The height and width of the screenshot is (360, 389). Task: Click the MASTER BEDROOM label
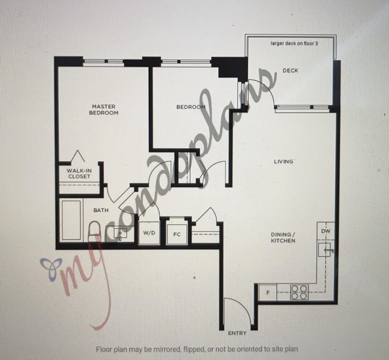click(x=104, y=109)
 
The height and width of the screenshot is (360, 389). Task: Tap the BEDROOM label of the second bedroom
click(x=191, y=107)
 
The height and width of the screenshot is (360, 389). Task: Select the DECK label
click(x=290, y=71)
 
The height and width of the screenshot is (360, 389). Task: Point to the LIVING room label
click(x=283, y=162)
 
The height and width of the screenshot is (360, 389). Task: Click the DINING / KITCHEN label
click(x=283, y=238)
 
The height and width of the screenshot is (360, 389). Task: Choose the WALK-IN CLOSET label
click(x=79, y=174)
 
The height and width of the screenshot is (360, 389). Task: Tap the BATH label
click(x=101, y=210)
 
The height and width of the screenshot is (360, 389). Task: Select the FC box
click(x=177, y=234)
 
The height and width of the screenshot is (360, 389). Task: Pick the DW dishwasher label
click(x=326, y=231)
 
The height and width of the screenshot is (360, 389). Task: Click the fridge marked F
click(x=268, y=292)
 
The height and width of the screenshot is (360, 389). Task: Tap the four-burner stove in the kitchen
click(x=299, y=292)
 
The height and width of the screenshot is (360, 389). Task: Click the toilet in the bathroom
click(x=95, y=231)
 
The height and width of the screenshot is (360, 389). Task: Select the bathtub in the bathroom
click(x=72, y=220)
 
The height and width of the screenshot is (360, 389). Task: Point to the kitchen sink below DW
click(x=325, y=249)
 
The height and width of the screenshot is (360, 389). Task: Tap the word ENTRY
click(x=237, y=333)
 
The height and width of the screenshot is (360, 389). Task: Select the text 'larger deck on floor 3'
click(x=294, y=43)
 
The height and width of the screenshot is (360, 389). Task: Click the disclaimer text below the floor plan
click(x=197, y=349)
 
